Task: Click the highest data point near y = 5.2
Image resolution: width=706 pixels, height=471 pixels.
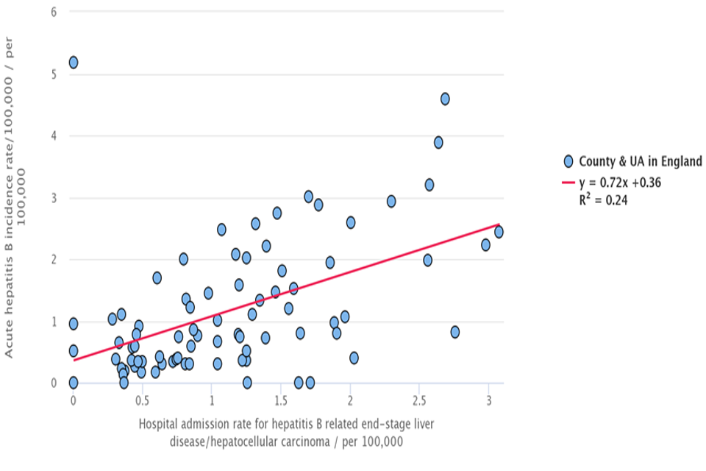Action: tap(73, 63)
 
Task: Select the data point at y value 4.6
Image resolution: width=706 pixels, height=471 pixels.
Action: tap(445, 99)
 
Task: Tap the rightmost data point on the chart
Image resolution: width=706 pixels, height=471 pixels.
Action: tap(499, 232)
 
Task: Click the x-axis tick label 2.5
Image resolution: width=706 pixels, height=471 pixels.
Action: tap(418, 400)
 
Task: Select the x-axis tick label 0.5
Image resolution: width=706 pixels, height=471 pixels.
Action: tap(142, 400)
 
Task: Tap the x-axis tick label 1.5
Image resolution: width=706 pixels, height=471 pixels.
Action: tap(280, 400)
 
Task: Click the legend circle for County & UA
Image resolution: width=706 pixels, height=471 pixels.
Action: tap(568, 161)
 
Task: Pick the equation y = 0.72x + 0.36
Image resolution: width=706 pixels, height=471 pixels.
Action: tap(620, 183)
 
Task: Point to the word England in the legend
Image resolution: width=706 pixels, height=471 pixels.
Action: tap(678, 161)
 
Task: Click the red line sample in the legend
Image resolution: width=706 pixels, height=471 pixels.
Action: tap(568, 183)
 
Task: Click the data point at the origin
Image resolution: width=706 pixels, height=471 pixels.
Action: tap(73, 383)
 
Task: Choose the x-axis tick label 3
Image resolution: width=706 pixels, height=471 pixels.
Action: tap(488, 400)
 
